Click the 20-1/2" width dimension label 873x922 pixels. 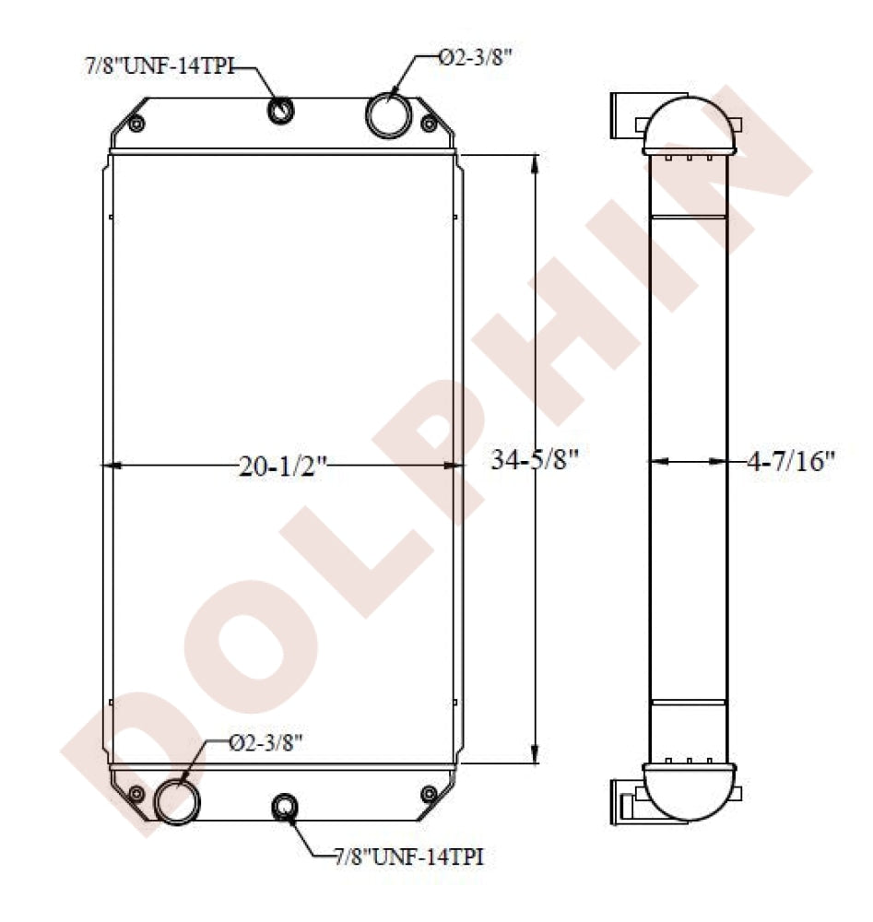pyautogui.click(x=281, y=467)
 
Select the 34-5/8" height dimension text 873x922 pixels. pyautogui.click(x=535, y=459)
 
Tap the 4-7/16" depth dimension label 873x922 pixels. pyautogui.click(x=791, y=461)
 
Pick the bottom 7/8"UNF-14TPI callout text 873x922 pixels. pyautogui.click(x=408, y=857)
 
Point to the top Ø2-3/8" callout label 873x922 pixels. pyautogui.click(x=476, y=57)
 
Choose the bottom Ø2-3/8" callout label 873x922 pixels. pyautogui.click(x=265, y=743)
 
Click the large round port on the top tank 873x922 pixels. pyautogui.click(x=388, y=114)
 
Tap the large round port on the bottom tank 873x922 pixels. pyautogui.click(x=177, y=801)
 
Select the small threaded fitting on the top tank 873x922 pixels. pyautogui.click(x=281, y=110)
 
